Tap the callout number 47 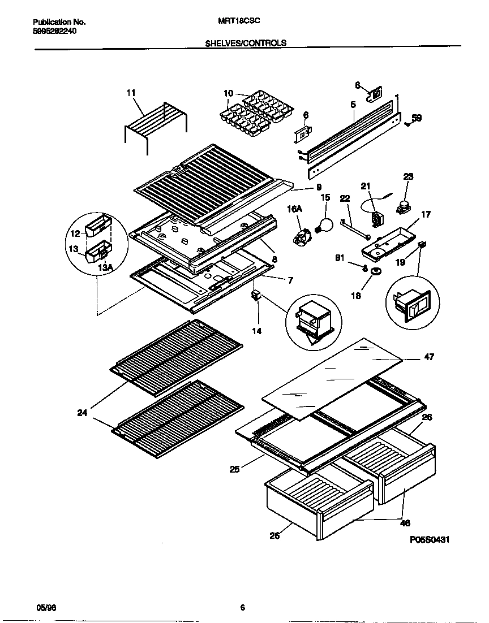tap(429, 357)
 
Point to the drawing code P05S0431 tap(430, 540)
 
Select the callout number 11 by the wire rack tap(131, 92)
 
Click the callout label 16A tap(295, 209)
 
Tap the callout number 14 tap(257, 331)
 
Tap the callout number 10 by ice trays tap(228, 93)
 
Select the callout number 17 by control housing tap(426, 215)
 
